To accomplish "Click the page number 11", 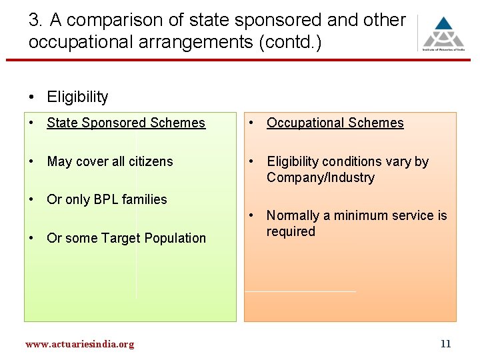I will [x=446, y=344].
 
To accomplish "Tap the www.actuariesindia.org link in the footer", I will [x=79, y=344].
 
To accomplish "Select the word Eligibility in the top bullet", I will [x=77, y=97].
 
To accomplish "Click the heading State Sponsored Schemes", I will [x=126, y=123].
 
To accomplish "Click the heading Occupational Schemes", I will [x=335, y=123].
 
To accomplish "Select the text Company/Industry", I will [x=320, y=177].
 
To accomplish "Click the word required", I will [x=291, y=231].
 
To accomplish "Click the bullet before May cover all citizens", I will [x=32, y=161].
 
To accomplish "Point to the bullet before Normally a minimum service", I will [x=252, y=215].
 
